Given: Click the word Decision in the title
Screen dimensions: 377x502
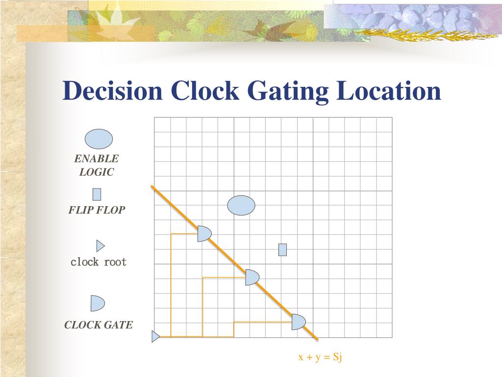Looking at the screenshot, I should (112, 92).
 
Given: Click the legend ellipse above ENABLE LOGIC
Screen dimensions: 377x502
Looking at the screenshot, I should (99, 139).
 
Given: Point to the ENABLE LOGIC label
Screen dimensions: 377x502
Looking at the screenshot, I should (97, 165).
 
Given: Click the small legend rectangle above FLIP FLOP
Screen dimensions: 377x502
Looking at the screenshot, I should (97, 194).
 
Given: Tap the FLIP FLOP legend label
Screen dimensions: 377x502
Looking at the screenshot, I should (97, 211).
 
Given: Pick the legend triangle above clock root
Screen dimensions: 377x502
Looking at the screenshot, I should (100, 245).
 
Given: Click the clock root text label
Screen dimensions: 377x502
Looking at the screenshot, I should (99, 262).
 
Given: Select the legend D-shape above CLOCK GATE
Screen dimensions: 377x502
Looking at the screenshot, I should (97, 303).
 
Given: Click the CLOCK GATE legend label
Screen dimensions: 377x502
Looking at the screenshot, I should (99, 325).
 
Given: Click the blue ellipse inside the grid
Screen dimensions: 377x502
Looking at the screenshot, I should (241, 205).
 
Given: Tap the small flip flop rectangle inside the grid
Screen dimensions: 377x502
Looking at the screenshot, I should (282, 250).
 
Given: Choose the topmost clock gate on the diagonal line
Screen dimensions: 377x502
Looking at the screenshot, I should (204, 234).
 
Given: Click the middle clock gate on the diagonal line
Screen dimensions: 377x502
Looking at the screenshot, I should (251, 277).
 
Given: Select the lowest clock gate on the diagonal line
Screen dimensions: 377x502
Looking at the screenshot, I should (298, 322).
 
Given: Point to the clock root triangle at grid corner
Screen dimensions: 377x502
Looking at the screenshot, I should (155, 337).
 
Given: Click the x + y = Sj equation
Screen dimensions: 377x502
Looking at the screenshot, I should (320, 357).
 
